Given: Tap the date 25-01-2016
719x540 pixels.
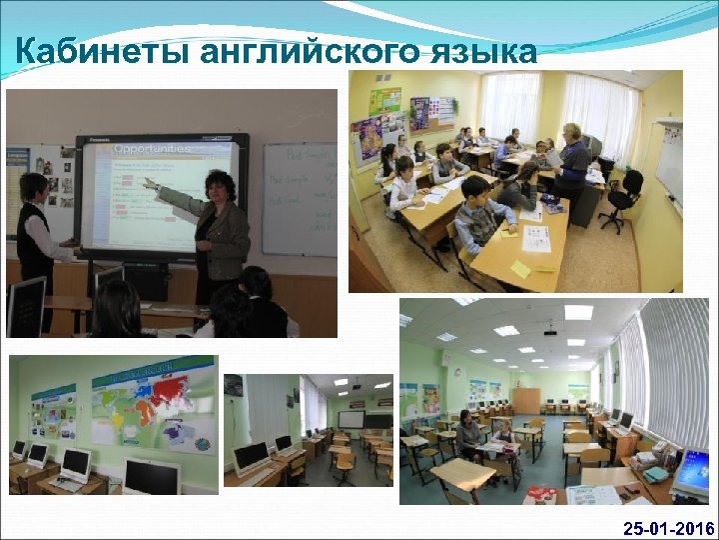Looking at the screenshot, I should tap(668, 527).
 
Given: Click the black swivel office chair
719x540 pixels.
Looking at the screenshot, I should tap(624, 196).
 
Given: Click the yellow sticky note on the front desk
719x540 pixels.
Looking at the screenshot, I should tap(520, 268).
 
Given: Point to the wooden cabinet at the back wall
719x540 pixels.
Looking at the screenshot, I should tap(526, 399).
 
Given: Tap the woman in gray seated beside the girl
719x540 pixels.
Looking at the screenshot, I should tap(468, 436).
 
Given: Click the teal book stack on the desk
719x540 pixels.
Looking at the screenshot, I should tap(655, 474).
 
